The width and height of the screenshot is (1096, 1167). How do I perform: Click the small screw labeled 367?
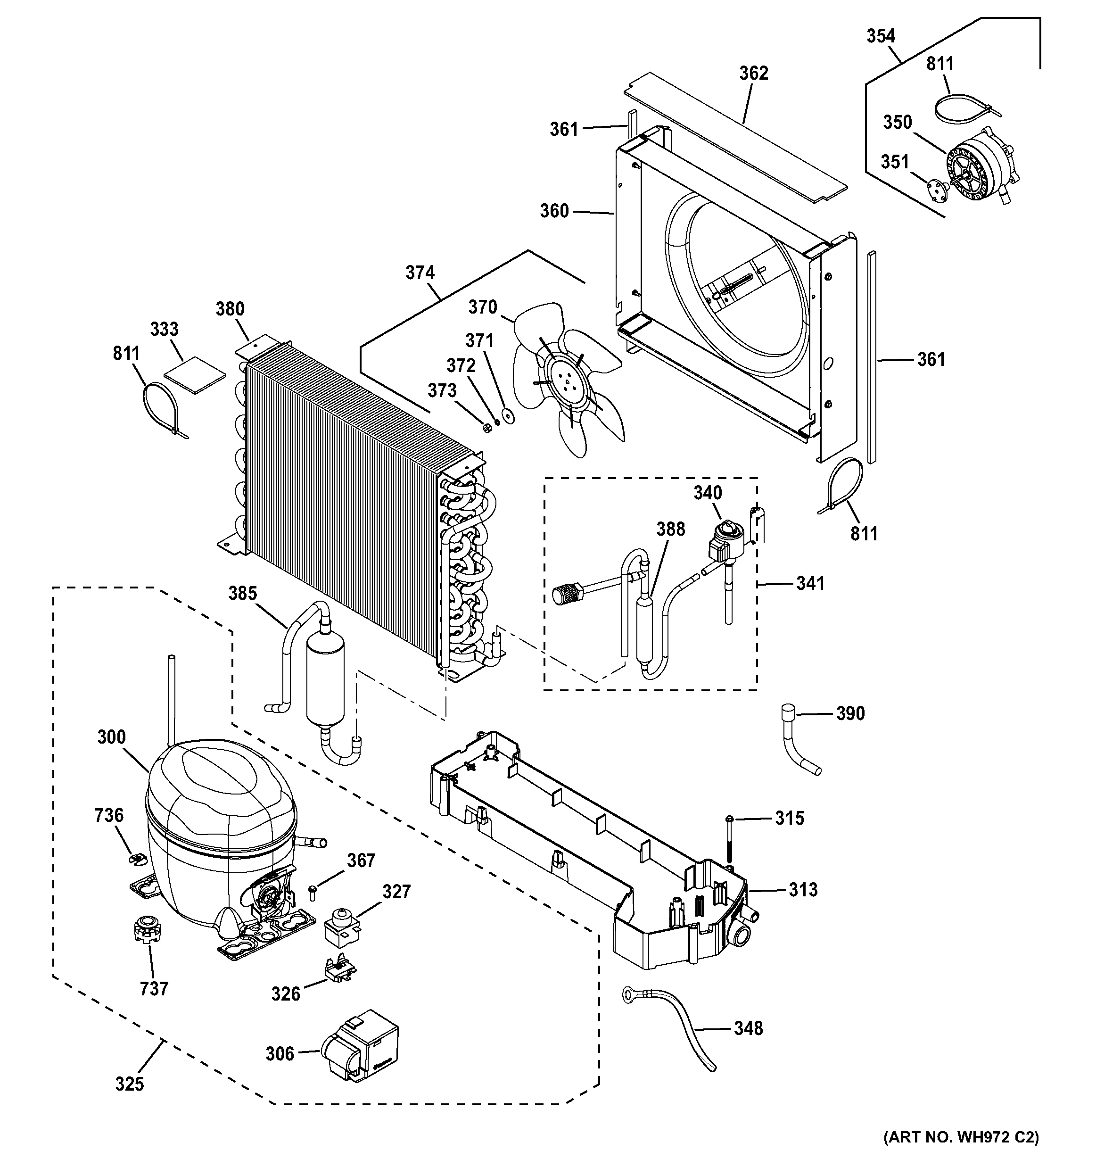tap(312, 894)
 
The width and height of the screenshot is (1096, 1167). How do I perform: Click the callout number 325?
tap(129, 1084)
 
